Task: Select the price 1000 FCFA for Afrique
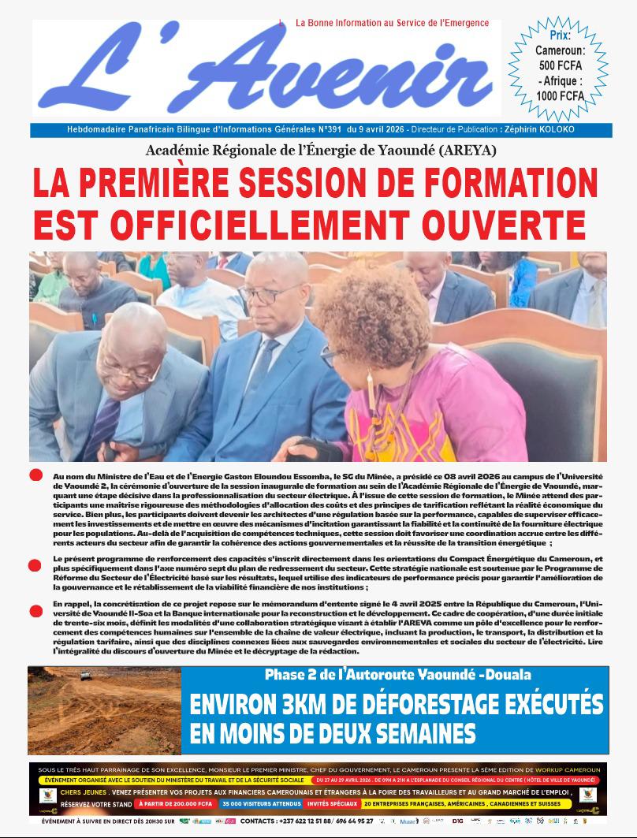point(561,95)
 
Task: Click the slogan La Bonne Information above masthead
point(391,24)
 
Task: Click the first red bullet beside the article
point(35,475)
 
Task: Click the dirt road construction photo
point(104,710)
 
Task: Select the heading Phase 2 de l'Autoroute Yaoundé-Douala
point(397,675)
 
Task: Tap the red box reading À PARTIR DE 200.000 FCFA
point(175,804)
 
